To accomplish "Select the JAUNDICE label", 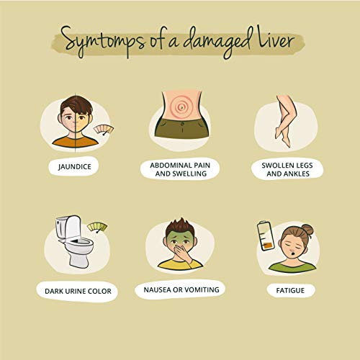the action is point(74,166).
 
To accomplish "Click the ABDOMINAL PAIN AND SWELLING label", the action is point(180,169).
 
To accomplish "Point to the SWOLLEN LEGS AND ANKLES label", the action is point(287,169).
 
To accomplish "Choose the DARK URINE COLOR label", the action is point(78,291).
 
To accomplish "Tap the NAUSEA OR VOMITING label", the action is point(181,289).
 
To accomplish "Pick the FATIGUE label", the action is point(290,291).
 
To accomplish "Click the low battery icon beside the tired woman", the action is point(266,236).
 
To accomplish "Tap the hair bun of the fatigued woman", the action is point(307,230).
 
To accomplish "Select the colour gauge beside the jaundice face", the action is point(104,130).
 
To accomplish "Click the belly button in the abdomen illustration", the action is point(181,107).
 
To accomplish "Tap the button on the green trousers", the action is point(182,124).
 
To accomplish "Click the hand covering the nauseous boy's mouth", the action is point(183,254).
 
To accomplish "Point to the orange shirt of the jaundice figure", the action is point(76,142).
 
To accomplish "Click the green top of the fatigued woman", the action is point(292,266).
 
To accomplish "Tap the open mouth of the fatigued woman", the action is point(293,253).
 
